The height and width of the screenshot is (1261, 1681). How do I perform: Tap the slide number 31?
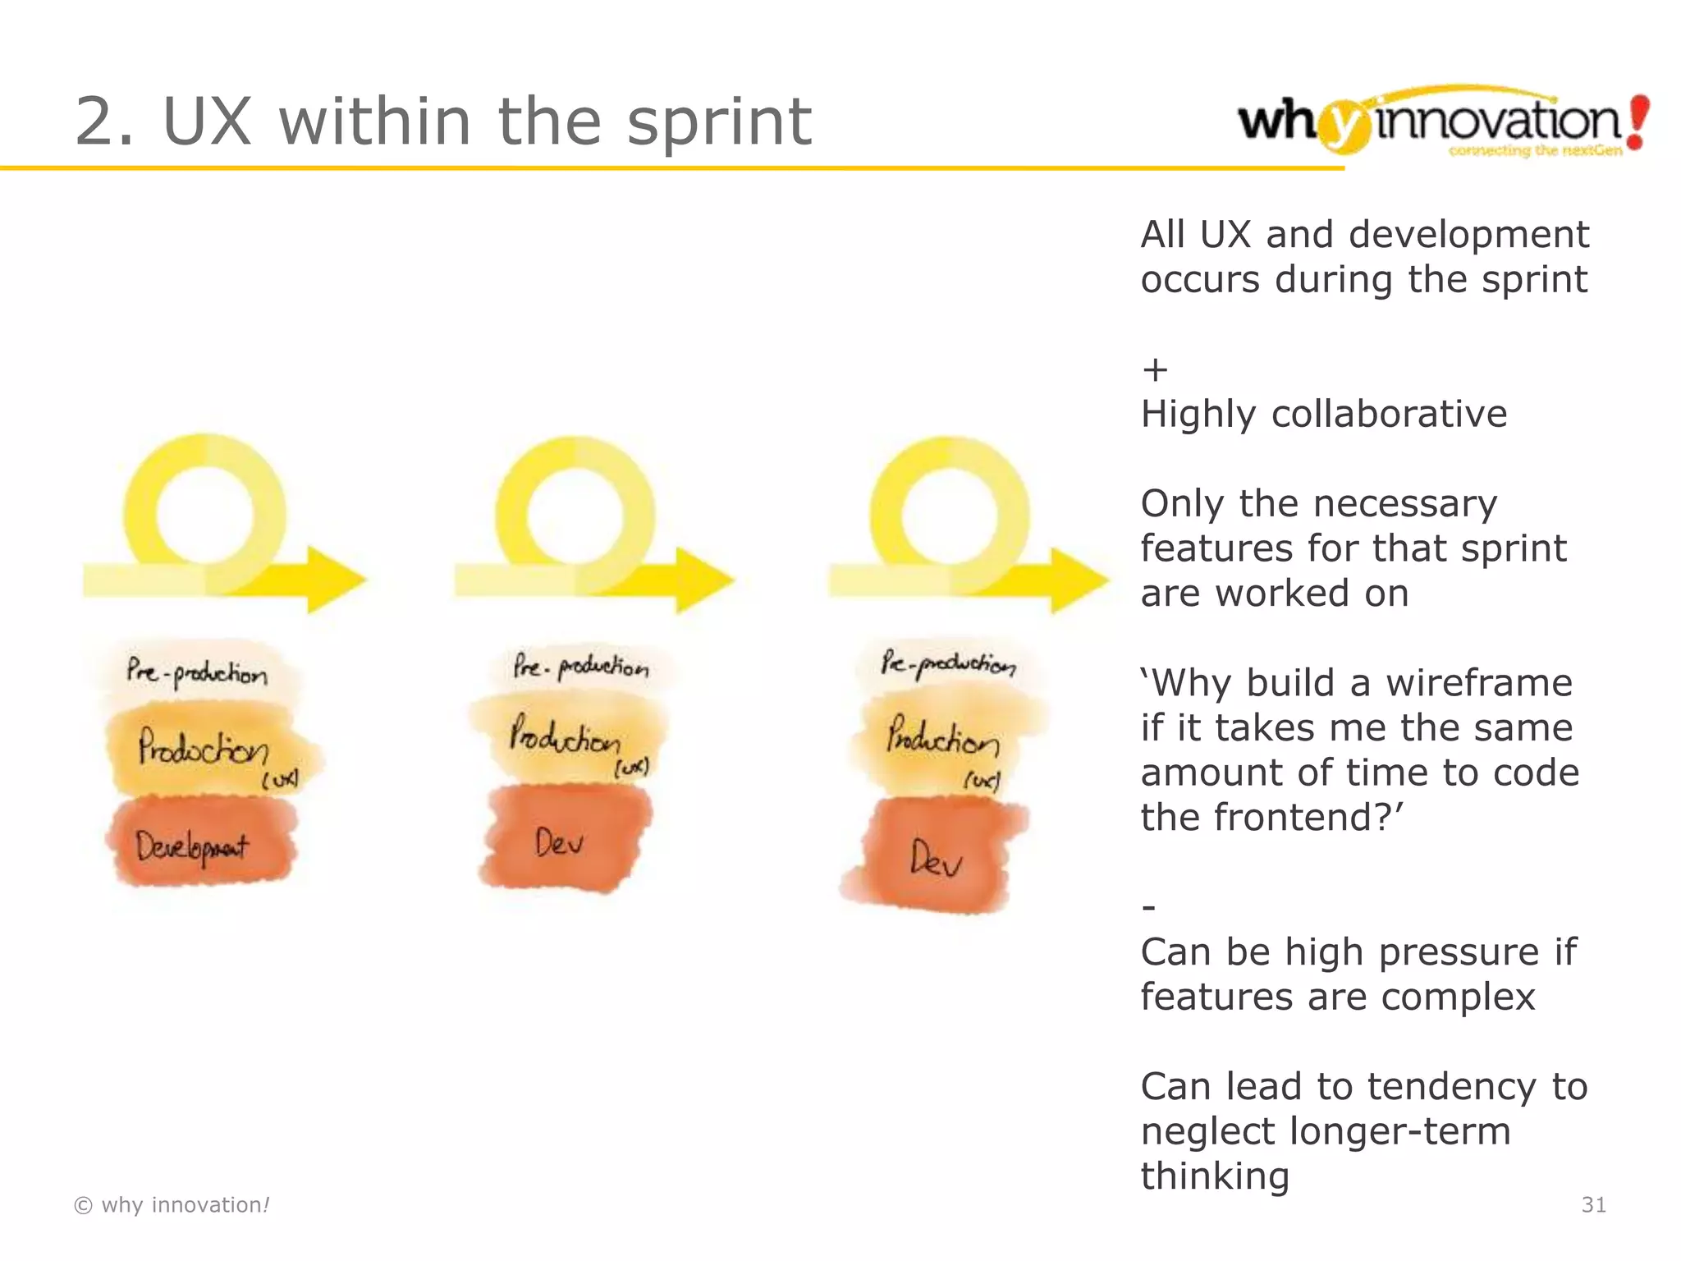(1593, 1204)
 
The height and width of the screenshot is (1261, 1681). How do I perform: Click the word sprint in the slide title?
(719, 122)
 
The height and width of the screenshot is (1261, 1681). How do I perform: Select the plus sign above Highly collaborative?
(1155, 369)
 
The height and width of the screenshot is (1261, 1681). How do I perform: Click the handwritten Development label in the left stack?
(193, 846)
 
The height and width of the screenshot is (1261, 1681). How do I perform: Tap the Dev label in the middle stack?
(559, 842)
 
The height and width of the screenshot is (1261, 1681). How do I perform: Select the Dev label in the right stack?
(936, 859)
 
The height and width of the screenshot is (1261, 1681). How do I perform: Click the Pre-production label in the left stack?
(197, 672)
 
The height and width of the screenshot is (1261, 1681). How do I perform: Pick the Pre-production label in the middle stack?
(581, 666)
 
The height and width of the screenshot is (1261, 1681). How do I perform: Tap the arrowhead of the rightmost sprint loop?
(1079, 580)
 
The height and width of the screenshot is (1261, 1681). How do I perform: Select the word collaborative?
(1389, 414)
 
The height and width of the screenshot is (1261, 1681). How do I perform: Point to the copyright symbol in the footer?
(83, 1205)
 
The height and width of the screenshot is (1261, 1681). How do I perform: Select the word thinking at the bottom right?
(1215, 1176)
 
